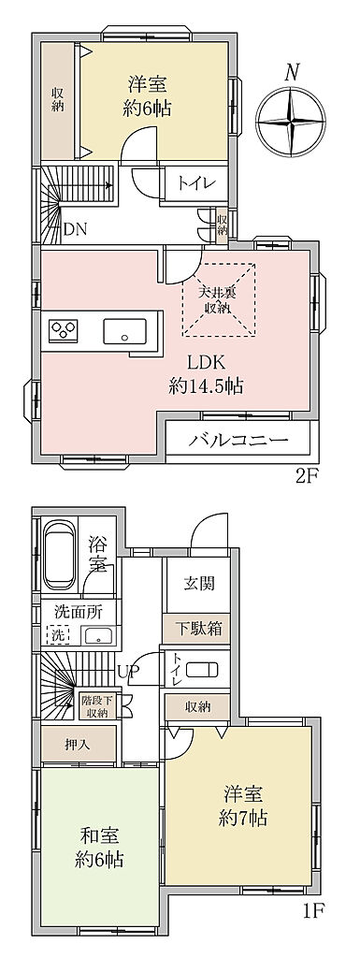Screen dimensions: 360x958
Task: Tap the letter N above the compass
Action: point(293,73)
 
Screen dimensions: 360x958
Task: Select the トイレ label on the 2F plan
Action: point(194,182)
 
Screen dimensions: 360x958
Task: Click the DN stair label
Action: point(77,229)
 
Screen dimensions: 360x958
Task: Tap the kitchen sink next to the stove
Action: point(126,332)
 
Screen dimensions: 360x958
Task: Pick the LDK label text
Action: point(207,363)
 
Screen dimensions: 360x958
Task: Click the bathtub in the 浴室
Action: point(59,554)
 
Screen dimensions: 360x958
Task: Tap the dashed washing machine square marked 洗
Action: point(57,635)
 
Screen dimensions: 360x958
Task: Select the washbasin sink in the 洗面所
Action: point(98,635)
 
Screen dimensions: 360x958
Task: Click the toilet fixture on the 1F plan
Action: point(201,670)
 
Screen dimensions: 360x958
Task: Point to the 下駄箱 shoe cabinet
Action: point(195,628)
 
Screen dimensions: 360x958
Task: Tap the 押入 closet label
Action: point(78,744)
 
